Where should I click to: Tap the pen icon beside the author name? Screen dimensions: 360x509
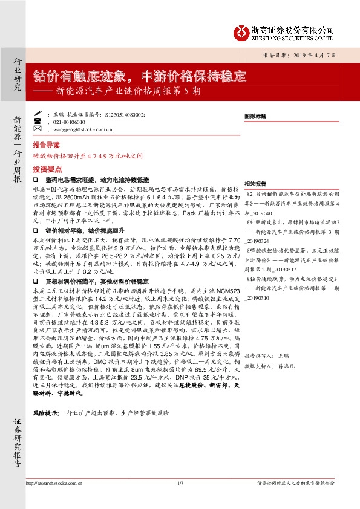[x=38, y=114]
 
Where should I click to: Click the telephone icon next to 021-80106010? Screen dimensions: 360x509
[x=38, y=121]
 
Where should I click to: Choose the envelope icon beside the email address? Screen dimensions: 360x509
[x=38, y=128]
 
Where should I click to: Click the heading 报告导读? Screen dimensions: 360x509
[x=46, y=146]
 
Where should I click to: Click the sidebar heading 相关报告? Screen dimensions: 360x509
[x=255, y=183]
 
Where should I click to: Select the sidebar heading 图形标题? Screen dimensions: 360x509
[x=255, y=114]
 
